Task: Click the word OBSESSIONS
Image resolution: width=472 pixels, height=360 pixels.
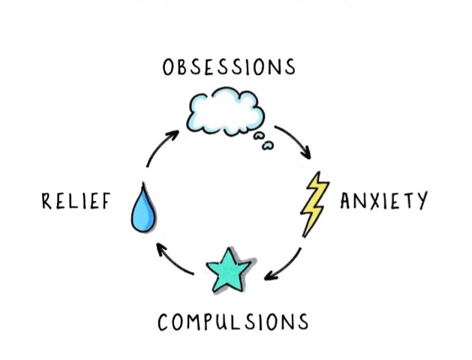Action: pyautogui.click(x=228, y=67)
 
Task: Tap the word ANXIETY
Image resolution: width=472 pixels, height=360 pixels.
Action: pyautogui.click(x=383, y=201)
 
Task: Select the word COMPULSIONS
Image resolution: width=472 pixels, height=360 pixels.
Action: pyautogui.click(x=233, y=322)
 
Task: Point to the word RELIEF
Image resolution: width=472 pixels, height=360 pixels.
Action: pyautogui.click(x=76, y=201)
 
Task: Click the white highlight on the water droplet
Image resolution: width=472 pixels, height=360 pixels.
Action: pyautogui.click(x=138, y=217)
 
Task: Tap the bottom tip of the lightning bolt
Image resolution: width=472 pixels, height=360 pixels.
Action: pyautogui.click(x=304, y=236)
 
